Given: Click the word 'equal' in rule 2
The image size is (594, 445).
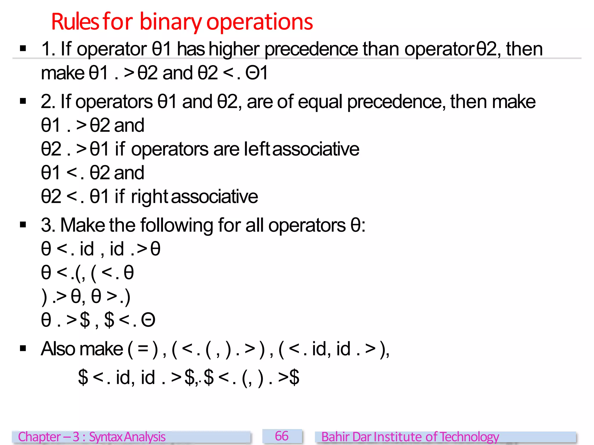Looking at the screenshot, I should pos(320,102).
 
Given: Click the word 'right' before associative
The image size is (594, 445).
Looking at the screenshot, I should pos(149,197).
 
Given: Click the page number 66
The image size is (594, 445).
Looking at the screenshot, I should pos(282,436).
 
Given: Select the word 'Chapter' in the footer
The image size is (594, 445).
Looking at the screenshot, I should pos(39,437).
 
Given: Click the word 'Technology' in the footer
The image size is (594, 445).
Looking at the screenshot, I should pos(469,437).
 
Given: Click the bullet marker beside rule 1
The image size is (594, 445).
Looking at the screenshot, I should pos(23,48).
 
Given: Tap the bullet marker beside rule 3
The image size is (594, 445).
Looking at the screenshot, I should pos(23,225).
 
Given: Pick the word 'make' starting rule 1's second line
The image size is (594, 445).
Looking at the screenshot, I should pos(62,73).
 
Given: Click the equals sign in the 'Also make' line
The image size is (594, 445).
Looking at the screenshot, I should pos(143,349).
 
